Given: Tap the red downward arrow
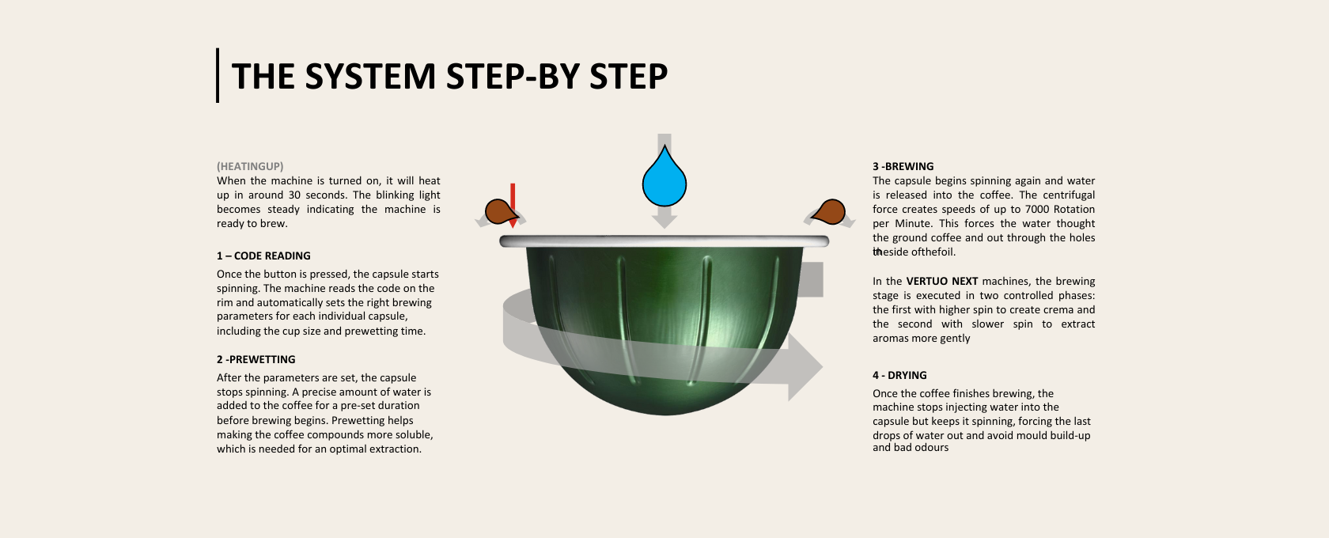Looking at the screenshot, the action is point(513,206).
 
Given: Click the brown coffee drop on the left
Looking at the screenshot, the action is point(501,212).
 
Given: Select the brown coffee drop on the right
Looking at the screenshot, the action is point(829,212).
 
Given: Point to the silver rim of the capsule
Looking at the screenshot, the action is point(664,241).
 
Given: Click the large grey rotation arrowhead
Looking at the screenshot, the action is point(805,366).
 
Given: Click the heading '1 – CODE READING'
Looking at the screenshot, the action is point(263,256).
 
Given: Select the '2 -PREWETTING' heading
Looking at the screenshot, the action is point(256,359).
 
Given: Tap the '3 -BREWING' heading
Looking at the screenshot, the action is point(903,167).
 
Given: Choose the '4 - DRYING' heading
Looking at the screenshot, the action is point(899,376).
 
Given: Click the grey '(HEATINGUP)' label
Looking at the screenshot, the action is point(250,167).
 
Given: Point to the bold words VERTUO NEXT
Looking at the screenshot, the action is point(942,281).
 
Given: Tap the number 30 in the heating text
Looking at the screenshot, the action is point(294,195).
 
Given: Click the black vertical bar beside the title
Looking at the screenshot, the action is point(218,75).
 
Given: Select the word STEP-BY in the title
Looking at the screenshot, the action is point(513,77).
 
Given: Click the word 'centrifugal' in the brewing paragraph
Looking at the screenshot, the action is point(1070,195).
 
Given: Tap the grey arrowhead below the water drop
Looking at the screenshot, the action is point(664,218).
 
